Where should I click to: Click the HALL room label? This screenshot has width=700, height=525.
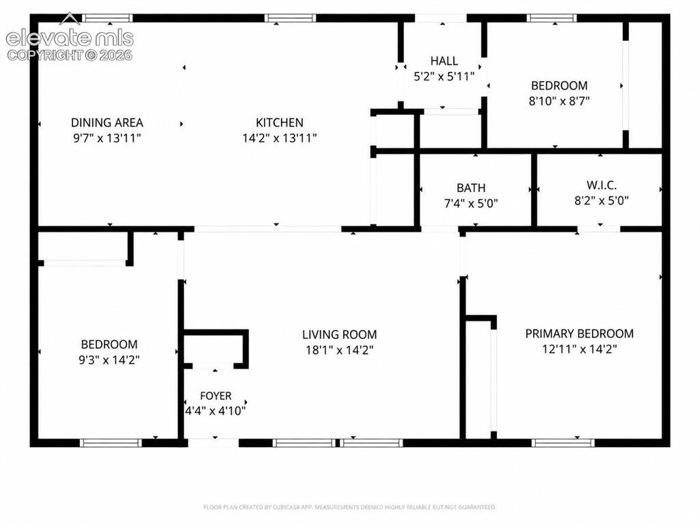[444, 61]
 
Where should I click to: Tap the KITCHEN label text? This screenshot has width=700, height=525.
[280, 123]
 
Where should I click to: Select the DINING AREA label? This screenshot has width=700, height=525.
[107, 123]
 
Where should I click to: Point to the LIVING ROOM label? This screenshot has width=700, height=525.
[339, 334]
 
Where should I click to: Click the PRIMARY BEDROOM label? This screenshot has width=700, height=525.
[580, 334]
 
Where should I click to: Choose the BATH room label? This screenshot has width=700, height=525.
[471, 188]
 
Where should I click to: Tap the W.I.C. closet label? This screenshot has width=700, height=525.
[602, 185]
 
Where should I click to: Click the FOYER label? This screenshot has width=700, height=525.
[215, 396]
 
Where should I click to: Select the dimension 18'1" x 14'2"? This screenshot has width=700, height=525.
[339, 350]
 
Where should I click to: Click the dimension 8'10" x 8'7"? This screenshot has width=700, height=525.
[559, 101]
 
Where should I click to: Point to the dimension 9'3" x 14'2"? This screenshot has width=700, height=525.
[109, 360]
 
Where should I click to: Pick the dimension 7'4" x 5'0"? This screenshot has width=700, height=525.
[471, 204]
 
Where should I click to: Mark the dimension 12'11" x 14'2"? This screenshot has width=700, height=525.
[580, 349]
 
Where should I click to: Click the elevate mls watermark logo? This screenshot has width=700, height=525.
[70, 36]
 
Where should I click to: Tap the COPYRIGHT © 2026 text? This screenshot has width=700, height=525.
[70, 55]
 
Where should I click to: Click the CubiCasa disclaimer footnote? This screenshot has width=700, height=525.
[349, 507]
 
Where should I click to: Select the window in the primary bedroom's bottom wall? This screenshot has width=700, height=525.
[563, 443]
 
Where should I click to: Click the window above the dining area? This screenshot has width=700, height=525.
[107, 18]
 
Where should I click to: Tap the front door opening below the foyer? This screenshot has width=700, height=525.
[213, 443]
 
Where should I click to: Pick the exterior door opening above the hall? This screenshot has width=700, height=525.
[441, 18]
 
